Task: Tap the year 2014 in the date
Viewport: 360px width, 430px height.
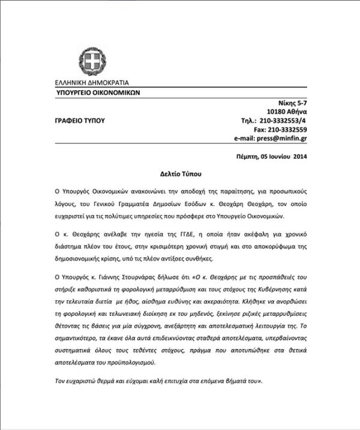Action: (298, 158)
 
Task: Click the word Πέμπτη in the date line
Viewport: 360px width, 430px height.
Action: (248, 158)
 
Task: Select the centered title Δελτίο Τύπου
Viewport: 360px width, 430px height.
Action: (180, 172)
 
